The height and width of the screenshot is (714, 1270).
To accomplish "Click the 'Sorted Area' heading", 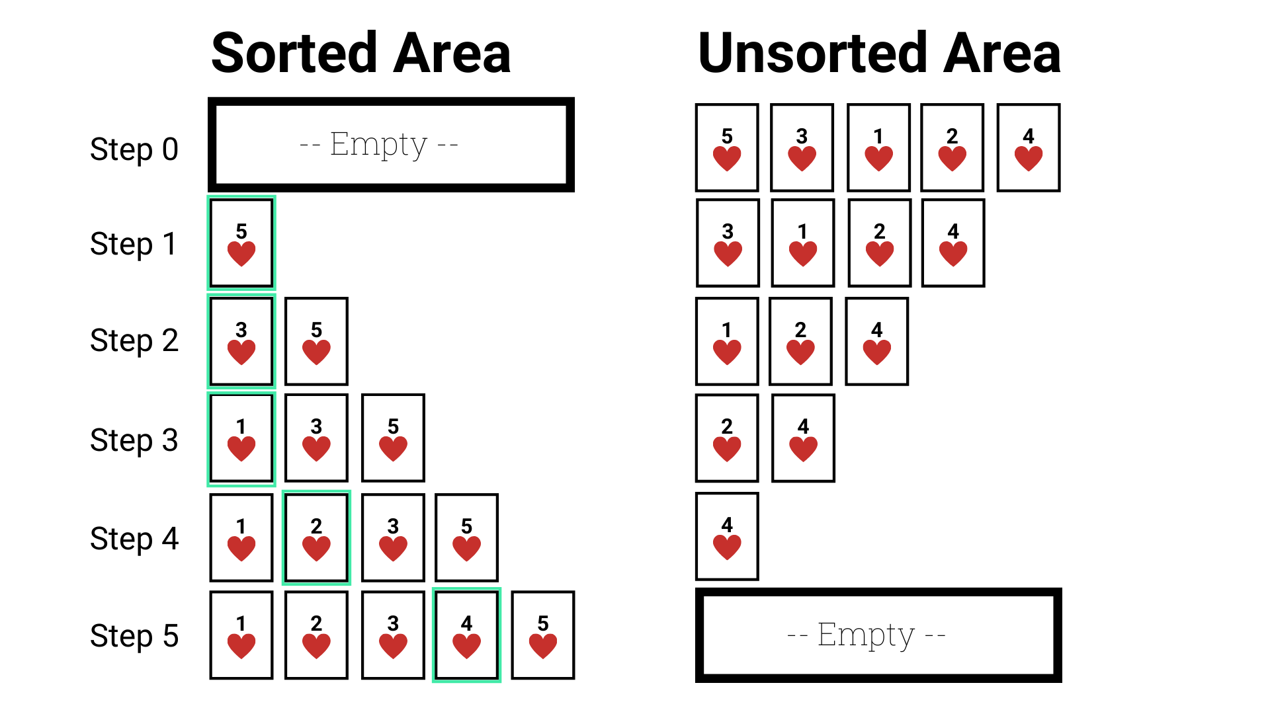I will (360, 53).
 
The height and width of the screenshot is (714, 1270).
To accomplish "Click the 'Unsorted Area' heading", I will (879, 53).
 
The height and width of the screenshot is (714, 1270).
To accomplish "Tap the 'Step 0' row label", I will (134, 149).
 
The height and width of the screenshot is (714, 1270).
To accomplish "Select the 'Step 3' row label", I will (134, 440).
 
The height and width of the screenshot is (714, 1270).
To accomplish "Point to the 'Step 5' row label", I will (134, 635).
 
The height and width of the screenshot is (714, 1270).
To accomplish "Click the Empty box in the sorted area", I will (391, 145).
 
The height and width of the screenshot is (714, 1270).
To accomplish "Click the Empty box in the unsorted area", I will (878, 635).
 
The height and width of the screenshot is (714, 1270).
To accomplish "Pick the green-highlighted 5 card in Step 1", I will (241, 243).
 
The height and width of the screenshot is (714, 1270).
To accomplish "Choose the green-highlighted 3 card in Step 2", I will (241, 341).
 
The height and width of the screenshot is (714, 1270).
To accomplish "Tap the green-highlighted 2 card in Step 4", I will (316, 537).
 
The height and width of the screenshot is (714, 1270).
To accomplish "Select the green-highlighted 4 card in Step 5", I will (466, 635).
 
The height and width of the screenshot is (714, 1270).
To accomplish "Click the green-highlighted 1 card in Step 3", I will (241, 438).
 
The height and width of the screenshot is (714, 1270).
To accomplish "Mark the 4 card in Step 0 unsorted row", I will (1029, 147).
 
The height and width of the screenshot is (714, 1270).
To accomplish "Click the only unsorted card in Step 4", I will (727, 536).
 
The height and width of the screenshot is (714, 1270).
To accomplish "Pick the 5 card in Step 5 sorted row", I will (543, 635).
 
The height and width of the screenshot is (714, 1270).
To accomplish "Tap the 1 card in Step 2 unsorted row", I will (727, 341).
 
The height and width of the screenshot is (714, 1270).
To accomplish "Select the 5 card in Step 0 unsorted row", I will (727, 147).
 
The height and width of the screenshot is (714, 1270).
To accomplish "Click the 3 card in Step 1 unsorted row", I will (728, 243).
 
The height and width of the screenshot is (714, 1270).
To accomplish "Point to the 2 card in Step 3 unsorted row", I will (727, 438).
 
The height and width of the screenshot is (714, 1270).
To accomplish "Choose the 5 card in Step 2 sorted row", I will (316, 341).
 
